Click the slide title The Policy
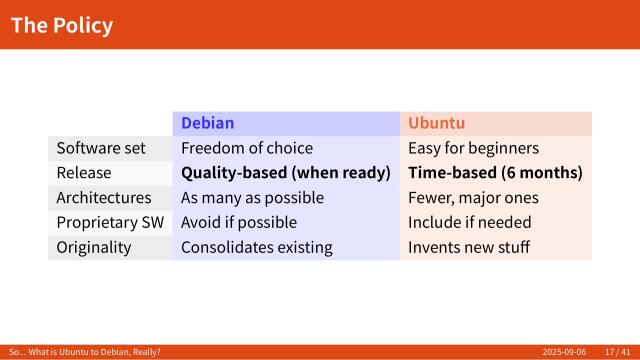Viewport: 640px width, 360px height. (x=62, y=25)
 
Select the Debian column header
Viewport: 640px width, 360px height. (x=207, y=124)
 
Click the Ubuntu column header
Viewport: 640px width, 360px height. (x=436, y=124)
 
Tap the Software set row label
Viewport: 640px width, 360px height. (x=101, y=148)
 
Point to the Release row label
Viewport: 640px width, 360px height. (x=84, y=173)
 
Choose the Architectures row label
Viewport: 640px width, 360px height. (x=104, y=198)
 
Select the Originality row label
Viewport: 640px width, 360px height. (x=93, y=247)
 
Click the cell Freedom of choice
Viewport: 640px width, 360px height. (x=247, y=148)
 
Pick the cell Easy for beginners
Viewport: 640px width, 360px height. (x=473, y=148)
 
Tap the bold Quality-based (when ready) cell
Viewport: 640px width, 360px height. (x=285, y=173)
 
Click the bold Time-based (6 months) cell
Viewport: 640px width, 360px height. (x=495, y=173)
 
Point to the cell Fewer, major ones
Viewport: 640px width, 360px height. (x=473, y=198)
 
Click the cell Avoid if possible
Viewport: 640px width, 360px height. (x=239, y=222)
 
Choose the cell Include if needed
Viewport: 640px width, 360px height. (x=470, y=222)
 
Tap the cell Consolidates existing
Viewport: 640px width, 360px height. (x=256, y=247)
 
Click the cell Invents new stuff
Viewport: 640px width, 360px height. (x=469, y=247)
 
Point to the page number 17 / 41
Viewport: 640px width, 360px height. (x=617, y=352)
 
